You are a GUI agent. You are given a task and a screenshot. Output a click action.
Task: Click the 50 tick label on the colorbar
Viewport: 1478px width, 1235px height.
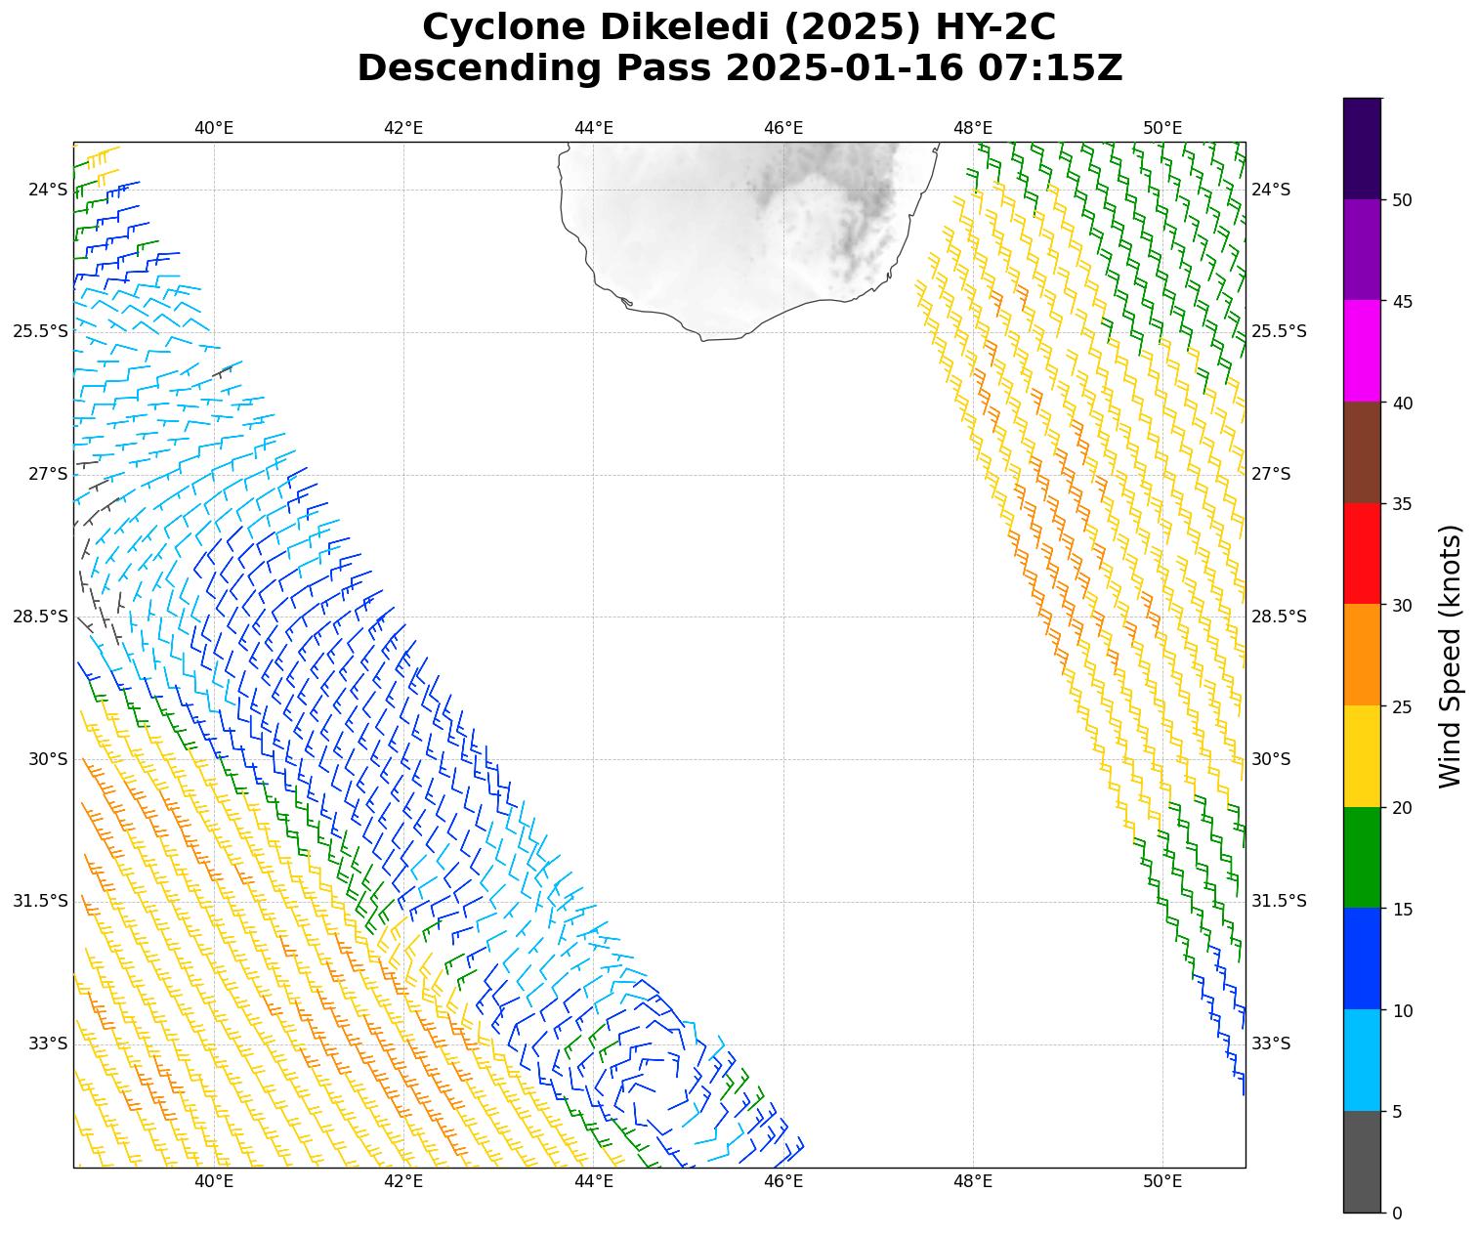[x=1403, y=200]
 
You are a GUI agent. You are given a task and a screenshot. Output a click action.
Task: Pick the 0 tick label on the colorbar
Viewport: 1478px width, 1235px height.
[x=1397, y=1214]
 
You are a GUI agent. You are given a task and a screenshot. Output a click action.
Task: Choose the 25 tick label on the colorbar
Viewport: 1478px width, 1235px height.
[x=1403, y=707]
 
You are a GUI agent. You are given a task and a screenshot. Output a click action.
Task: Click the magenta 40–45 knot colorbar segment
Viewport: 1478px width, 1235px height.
[x=1362, y=351]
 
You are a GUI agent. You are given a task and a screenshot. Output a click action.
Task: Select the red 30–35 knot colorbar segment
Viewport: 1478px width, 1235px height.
[x=1362, y=553]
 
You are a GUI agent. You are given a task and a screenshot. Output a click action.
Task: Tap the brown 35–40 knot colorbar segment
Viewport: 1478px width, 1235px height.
[x=1362, y=452]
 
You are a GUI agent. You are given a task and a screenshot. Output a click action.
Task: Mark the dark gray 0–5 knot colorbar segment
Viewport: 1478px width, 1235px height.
[x=1362, y=1162]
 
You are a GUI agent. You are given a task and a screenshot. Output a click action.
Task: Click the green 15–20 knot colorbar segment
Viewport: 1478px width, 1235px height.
[x=1362, y=857]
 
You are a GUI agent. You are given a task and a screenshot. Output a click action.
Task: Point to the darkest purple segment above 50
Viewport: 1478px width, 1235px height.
[x=1362, y=149]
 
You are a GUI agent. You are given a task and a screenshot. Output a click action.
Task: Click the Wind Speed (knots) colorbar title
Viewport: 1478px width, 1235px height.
[x=1452, y=656]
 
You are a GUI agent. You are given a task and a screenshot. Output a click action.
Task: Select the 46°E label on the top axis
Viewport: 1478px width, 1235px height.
[x=783, y=128]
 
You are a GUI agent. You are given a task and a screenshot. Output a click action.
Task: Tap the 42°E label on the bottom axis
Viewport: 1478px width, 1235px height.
[x=403, y=1182]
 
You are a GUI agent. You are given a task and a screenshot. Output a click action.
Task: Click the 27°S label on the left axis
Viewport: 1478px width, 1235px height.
[x=48, y=474]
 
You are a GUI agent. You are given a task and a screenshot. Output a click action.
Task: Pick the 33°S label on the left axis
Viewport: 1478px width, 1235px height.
[x=48, y=1043]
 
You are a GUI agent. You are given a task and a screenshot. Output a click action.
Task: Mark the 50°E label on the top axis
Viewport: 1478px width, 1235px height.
[x=1162, y=128]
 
